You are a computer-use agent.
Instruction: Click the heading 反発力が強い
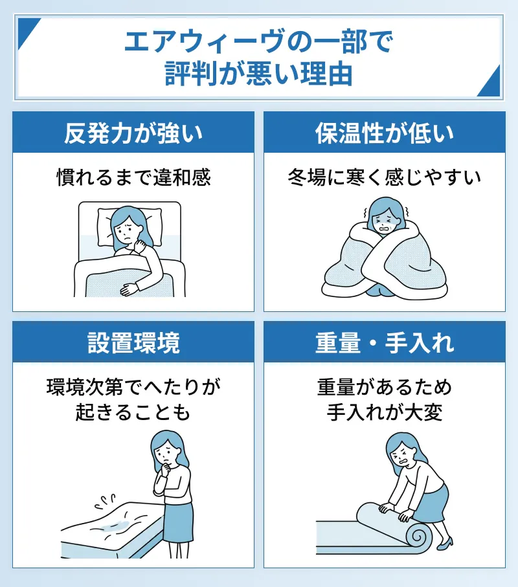point(133,133)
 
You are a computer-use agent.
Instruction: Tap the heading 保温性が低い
point(384,133)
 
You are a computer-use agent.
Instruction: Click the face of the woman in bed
point(126,232)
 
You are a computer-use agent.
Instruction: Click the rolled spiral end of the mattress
point(416,537)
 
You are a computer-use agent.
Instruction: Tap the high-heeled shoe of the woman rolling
point(445,542)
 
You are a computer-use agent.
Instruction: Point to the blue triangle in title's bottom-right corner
point(490,83)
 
